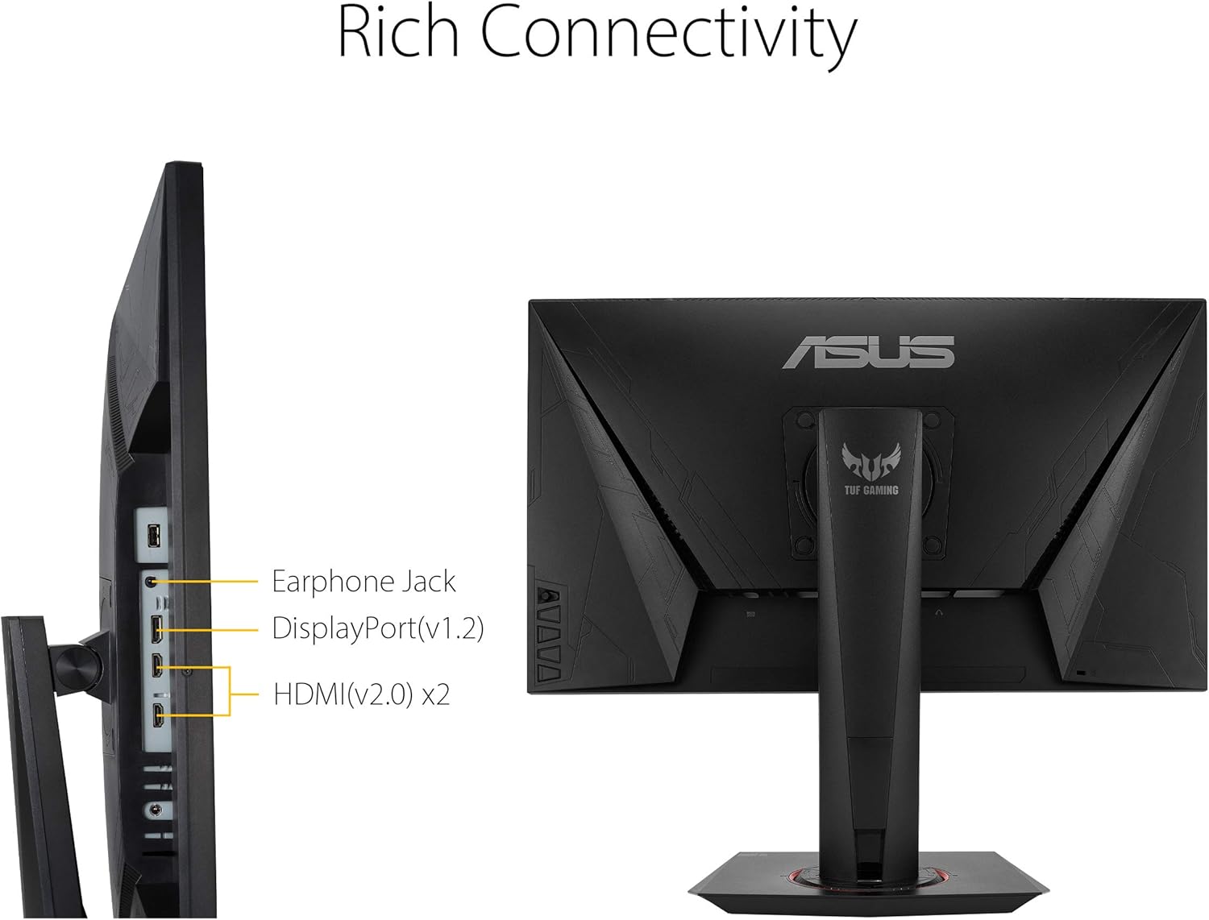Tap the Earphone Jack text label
tap(364, 582)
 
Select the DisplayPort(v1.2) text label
tap(377, 628)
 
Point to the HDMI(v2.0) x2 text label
tap(361, 694)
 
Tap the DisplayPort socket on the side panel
tap(156, 628)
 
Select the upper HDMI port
tap(157, 666)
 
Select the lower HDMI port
tap(158, 713)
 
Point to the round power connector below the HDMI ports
tap(155, 810)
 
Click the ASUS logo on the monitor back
tap(868, 352)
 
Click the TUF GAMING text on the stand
tap(870, 490)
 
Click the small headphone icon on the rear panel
tap(938, 613)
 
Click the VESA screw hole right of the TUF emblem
tap(933, 420)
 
